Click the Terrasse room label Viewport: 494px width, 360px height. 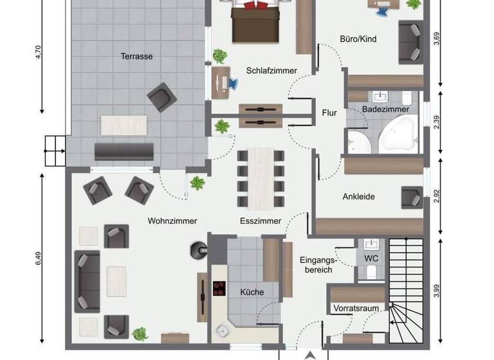(136, 57)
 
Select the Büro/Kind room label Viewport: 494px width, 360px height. (358, 39)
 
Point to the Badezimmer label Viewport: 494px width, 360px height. (385, 110)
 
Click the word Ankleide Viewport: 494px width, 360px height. (358, 197)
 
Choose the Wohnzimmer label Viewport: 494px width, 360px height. (172, 221)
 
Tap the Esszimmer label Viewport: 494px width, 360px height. (260, 221)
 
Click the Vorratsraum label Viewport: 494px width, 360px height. (356, 309)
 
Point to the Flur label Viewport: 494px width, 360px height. (329, 113)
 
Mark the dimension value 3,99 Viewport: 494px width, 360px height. (437, 291)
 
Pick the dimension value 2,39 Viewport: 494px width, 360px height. (437, 122)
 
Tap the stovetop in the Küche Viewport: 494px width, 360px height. (219, 289)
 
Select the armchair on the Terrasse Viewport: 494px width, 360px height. (161, 97)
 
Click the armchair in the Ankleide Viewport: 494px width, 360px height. (411, 197)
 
